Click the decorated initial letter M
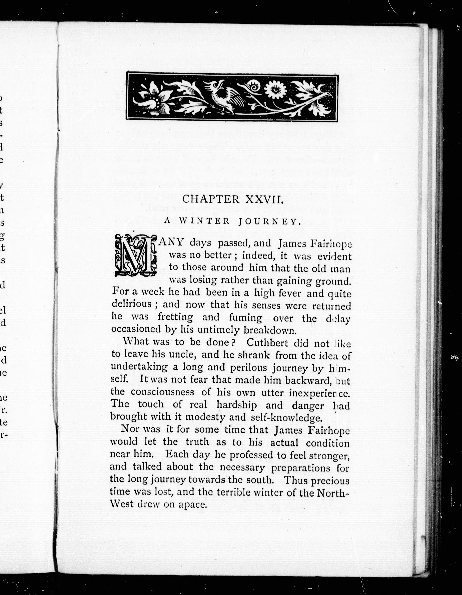(x=135, y=255)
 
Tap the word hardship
(x=236, y=405)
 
